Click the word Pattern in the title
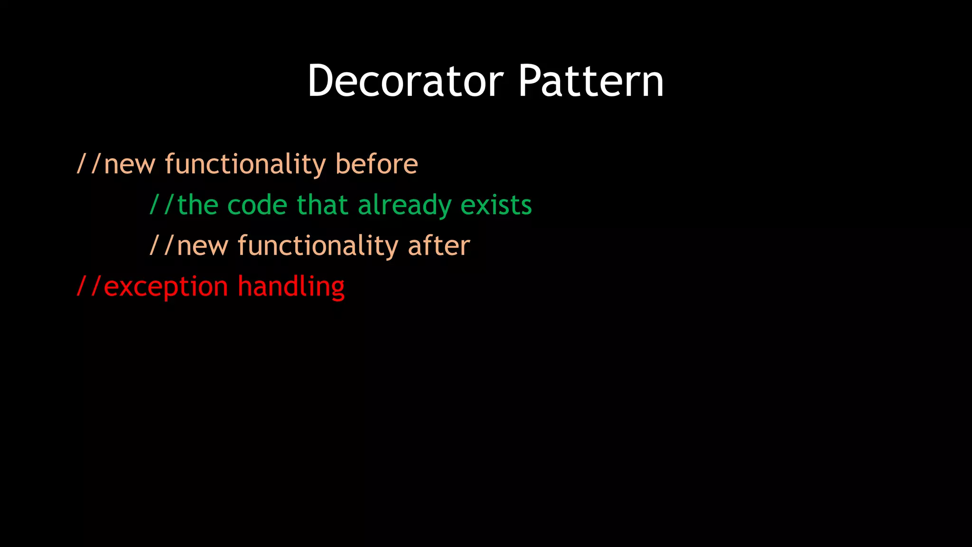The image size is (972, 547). click(x=590, y=81)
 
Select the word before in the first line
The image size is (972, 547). click(x=376, y=164)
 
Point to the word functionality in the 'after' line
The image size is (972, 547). click(x=318, y=246)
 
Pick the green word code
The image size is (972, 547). click(x=257, y=205)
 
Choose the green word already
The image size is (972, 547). click(x=404, y=205)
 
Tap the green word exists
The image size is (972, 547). click(x=496, y=205)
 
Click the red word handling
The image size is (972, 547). click(x=291, y=287)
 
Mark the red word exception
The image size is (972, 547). click(x=166, y=287)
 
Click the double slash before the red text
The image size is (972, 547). click(x=89, y=287)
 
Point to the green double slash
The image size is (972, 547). click(x=162, y=205)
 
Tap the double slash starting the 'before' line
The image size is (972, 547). click(x=89, y=164)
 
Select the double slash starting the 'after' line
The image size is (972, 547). click(x=162, y=246)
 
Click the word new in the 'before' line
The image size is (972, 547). click(x=130, y=164)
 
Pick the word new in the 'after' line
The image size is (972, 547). click(x=202, y=246)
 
